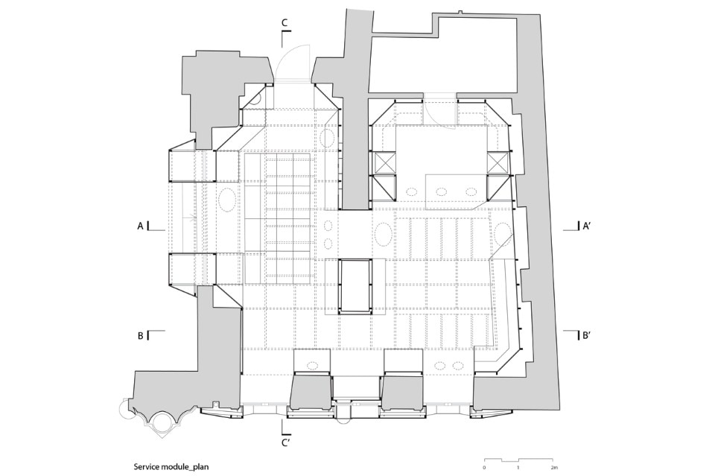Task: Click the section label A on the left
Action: (141, 226)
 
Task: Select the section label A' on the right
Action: (587, 226)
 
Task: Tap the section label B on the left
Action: (141, 335)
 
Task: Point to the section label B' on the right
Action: (587, 335)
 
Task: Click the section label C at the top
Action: (284, 22)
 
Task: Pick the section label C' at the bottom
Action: (286, 442)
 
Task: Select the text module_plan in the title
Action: (184, 467)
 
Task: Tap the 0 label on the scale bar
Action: (484, 467)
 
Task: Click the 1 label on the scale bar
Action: (518, 467)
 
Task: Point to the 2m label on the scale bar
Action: (553, 467)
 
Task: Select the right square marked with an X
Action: (497, 163)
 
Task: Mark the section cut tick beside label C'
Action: (285, 428)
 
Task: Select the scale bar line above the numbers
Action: (519, 460)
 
